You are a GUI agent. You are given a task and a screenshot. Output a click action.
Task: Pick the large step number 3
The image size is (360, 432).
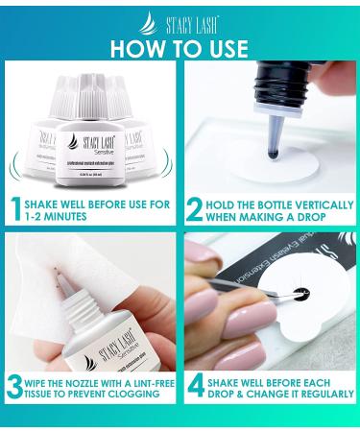tap(17, 388)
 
